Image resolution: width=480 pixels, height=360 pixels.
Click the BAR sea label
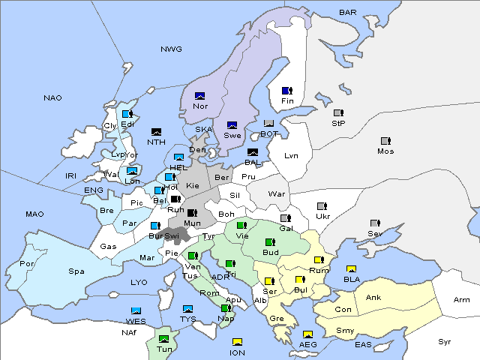(347, 13)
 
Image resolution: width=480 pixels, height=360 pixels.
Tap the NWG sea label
(171, 49)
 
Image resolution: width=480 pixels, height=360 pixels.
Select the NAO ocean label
(52, 98)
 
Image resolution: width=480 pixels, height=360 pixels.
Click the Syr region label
(445, 341)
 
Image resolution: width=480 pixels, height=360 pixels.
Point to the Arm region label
(462, 300)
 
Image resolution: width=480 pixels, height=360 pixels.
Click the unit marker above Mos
(385, 141)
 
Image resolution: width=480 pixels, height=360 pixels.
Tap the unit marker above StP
(338, 113)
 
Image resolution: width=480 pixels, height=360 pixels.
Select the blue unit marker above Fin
(286, 91)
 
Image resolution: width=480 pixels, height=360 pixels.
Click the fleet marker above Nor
(200, 96)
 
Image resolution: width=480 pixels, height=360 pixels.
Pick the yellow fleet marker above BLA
(350, 269)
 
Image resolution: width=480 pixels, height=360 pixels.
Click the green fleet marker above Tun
(163, 339)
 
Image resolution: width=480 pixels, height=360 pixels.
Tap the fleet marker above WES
(136, 310)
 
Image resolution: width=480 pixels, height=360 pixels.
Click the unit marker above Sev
(374, 223)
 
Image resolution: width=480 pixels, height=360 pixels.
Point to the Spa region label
(76, 271)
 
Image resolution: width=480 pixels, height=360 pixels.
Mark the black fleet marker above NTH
(157, 132)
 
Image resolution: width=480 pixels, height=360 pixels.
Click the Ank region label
(373, 298)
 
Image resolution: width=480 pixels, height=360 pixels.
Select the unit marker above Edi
(127, 114)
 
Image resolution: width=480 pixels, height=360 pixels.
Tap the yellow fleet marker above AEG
(307, 334)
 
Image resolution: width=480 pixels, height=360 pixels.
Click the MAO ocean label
(34, 214)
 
